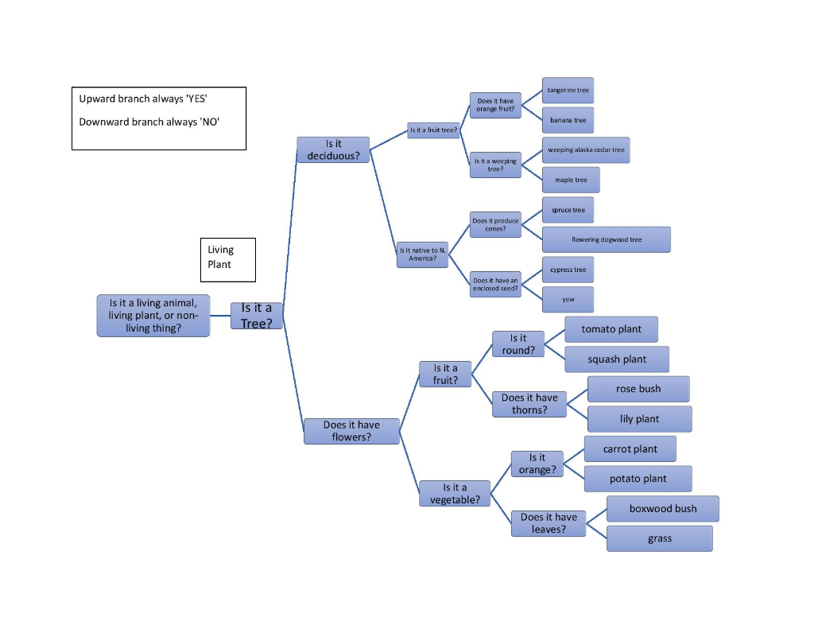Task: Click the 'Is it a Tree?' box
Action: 257,316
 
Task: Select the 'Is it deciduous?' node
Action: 333,149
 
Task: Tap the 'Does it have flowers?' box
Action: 351,431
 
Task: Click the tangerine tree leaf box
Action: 568,91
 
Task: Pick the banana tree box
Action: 568,120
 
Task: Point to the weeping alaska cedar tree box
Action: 586,150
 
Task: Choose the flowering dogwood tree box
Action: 607,239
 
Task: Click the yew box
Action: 568,300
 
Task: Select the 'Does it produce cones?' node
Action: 495,224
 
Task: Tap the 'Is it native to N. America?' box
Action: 423,254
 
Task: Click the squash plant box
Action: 617,359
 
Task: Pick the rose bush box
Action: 638,389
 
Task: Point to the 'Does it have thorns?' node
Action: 529,404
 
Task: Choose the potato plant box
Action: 638,479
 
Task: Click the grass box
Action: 660,538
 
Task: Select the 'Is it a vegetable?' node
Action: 455,494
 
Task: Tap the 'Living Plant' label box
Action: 228,260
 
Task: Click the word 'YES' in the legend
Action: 197,99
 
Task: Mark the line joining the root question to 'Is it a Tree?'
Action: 221,315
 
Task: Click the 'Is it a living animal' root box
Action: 153,316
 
